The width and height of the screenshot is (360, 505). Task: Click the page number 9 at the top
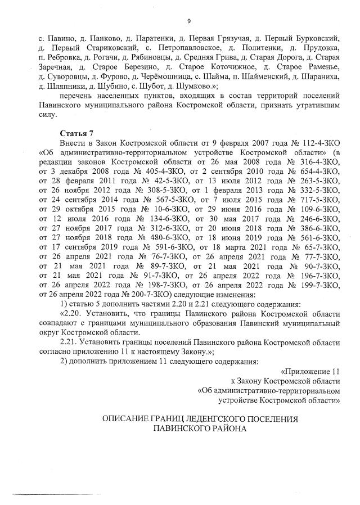coord(189,21)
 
